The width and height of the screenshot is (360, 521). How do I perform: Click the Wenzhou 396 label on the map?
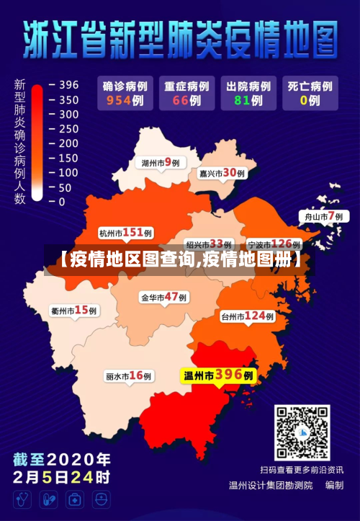pyautogui.click(x=218, y=375)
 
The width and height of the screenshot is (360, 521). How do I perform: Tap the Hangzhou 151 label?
pyautogui.click(x=125, y=233)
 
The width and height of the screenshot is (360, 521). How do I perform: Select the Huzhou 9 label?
pyautogui.click(x=160, y=163)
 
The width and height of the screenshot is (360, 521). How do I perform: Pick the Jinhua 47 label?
pyautogui.click(x=163, y=297)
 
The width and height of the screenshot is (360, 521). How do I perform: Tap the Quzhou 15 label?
pyautogui.click(x=74, y=311)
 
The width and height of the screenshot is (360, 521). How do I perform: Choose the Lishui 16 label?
pyautogui.click(x=129, y=376)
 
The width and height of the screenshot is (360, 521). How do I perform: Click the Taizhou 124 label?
pyautogui.click(x=247, y=316)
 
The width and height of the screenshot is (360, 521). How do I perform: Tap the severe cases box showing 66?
pyautogui.click(x=185, y=93)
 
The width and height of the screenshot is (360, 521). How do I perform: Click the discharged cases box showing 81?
pyautogui.click(x=246, y=93)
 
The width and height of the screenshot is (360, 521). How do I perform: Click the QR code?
pyautogui.click(x=302, y=433)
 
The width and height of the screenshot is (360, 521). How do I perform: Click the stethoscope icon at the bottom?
pyautogui.click(x=22, y=499)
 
